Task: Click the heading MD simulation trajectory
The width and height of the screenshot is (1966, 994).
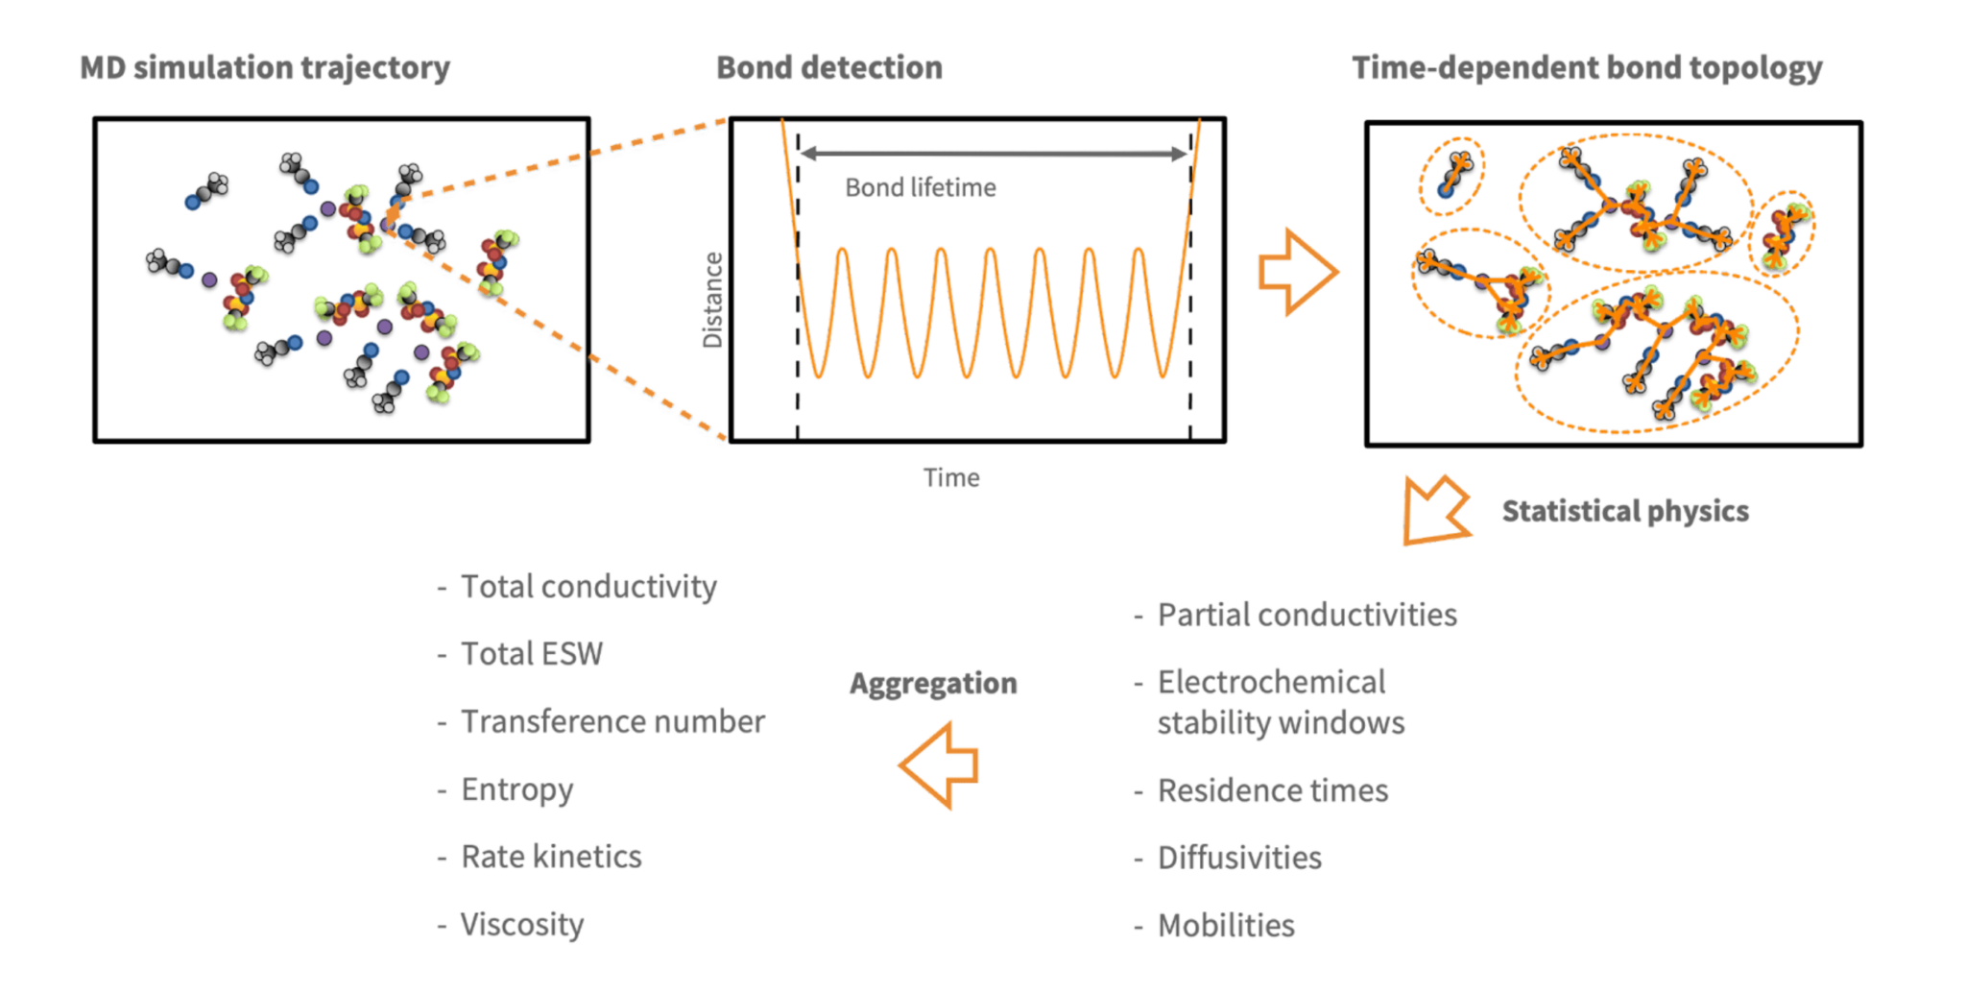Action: pos(265,68)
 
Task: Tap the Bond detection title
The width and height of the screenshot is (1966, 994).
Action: pos(829,67)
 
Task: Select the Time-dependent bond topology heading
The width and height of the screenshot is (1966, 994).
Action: pos(1587,68)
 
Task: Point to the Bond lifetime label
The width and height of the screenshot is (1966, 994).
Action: pos(921,187)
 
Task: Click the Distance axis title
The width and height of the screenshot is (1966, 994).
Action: pos(712,300)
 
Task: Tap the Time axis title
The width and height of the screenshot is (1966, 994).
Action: pos(951,477)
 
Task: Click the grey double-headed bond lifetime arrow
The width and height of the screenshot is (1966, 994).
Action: pos(994,153)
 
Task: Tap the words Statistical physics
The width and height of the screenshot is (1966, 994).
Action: pos(1625,511)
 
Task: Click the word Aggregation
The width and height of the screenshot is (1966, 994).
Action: pos(933,683)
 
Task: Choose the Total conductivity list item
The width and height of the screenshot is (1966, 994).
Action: pos(588,586)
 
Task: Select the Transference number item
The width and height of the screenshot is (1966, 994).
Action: pos(612,721)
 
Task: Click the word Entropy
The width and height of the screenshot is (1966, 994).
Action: pos(516,789)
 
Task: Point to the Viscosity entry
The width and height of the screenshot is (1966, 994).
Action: pos(522,924)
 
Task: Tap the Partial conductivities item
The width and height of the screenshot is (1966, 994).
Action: pos(1307,615)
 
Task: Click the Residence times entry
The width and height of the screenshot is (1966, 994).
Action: pos(1273,790)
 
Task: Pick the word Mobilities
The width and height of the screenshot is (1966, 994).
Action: pos(1226,925)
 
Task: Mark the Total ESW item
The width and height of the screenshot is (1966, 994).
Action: pos(532,653)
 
